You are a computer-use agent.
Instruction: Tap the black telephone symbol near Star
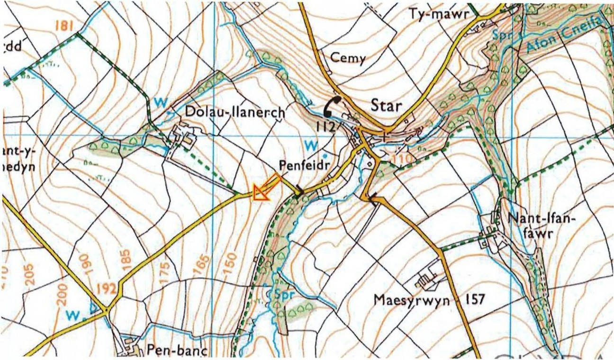pos(334,106)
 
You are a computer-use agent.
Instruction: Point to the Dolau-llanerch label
pos(235,113)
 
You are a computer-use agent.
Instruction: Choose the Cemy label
pos(348,59)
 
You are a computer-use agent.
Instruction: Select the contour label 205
pos(30,275)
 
